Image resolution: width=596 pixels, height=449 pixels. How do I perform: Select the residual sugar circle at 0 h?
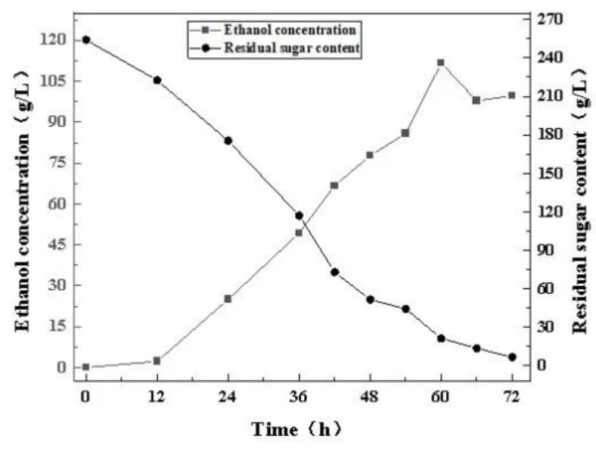coord(86,39)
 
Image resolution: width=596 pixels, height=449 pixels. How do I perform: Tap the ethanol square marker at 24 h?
coord(228,298)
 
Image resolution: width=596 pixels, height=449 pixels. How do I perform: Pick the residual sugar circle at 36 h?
coord(299,216)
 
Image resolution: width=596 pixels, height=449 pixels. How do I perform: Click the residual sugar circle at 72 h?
coord(512,357)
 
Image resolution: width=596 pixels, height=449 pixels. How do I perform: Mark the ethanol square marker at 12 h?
coord(157,360)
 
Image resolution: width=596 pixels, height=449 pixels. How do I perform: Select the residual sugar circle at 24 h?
coord(228,140)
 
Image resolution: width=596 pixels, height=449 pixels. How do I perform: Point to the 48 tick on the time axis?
coord(370,397)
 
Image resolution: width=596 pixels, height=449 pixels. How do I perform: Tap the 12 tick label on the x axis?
coord(157,397)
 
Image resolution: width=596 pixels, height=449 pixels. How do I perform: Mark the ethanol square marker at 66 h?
coord(476,100)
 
